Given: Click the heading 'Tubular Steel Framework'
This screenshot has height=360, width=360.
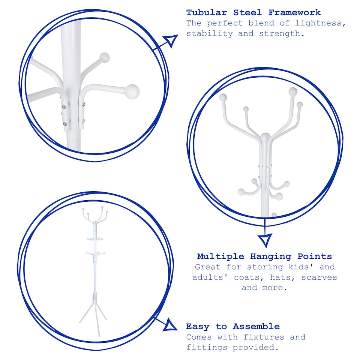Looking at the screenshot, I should click(x=253, y=12).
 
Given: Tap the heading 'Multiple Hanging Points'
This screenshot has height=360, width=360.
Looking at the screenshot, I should click(x=264, y=256).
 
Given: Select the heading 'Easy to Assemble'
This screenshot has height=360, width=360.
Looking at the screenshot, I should click(x=232, y=326).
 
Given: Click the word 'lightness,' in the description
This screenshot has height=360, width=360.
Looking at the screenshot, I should click(x=320, y=23).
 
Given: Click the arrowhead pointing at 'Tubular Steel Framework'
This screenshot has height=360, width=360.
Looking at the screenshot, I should click(x=171, y=40).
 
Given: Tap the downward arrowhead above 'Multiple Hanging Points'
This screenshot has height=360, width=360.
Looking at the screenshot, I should click(x=265, y=239).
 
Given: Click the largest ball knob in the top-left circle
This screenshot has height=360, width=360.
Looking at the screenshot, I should click(x=132, y=91).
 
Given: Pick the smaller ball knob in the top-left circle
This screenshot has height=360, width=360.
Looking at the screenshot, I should click(x=105, y=57).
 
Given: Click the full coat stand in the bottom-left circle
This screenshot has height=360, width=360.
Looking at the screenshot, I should click(x=94, y=270).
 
